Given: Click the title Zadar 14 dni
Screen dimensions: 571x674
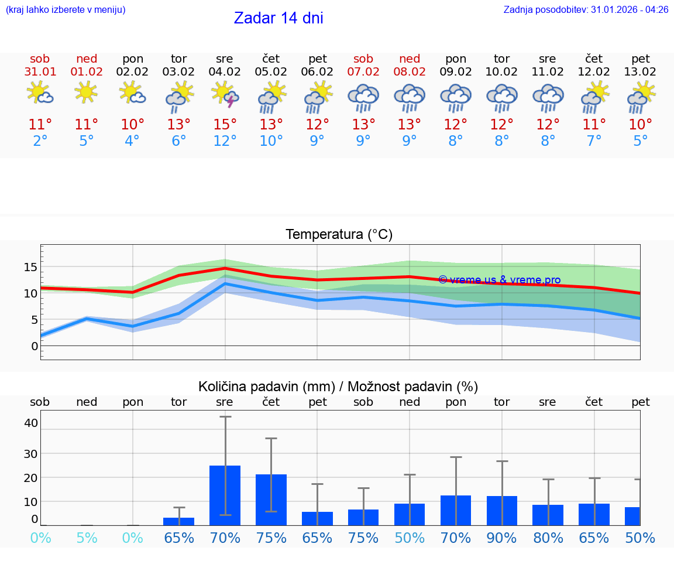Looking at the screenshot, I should pyautogui.click(x=278, y=18).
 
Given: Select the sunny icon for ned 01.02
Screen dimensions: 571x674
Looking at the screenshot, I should pyautogui.click(x=87, y=93).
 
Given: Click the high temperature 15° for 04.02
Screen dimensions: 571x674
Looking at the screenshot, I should pyautogui.click(x=225, y=125).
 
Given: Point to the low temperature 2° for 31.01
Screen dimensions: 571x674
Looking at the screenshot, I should pyautogui.click(x=40, y=141).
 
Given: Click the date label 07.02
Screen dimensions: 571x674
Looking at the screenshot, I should pyautogui.click(x=363, y=72).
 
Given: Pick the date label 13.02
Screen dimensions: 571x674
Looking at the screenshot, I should pyautogui.click(x=641, y=72).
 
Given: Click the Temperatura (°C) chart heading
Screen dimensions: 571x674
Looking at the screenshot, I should pyautogui.click(x=339, y=235).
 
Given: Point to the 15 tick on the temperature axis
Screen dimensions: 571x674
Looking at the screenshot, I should pyautogui.click(x=30, y=267).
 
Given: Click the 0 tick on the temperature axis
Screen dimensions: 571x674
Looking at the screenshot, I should pyautogui.click(x=34, y=346).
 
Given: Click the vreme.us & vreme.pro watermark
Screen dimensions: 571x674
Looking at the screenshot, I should pyautogui.click(x=500, y=280).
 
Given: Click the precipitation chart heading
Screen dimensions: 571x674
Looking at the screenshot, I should pyautogui.click(x=338, y=387).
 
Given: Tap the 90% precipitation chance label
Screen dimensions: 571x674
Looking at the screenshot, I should pyautogui.click(x=502, y=538).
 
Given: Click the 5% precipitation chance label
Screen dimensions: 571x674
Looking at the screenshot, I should pyautogui.click(x=87, y=538).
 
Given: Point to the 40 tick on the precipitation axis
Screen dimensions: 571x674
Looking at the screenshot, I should pyautogui.click(x=30, y=423).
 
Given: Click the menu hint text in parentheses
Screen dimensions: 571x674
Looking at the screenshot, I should pyautogui.click(x=66, y=10).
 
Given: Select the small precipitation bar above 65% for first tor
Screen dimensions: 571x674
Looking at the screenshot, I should pyautogui.click(x=179, y=521).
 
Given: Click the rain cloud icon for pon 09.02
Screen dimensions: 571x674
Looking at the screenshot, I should pyautogui.click(x=456, y=97).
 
